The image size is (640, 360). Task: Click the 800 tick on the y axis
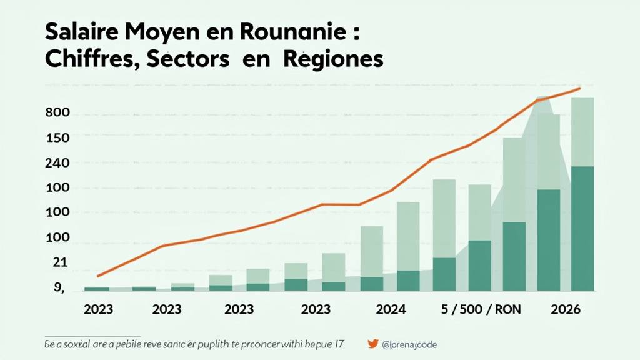(x=57, y=114)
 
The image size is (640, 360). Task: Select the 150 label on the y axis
(x=57, y=137)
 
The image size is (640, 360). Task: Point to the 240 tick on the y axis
(x=57, y=163)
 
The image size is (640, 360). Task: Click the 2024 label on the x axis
(x=391, y=309)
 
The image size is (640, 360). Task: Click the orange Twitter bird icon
(x=373, y=344)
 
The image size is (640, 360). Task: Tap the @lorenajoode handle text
(x=413, y=344)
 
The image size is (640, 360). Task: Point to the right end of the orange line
(x=580, y=89)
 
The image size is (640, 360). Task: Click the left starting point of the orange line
(x=98, y=276)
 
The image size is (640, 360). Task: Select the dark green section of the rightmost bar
(x=582, y=228)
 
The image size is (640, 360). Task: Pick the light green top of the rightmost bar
(x=582, y=131)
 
